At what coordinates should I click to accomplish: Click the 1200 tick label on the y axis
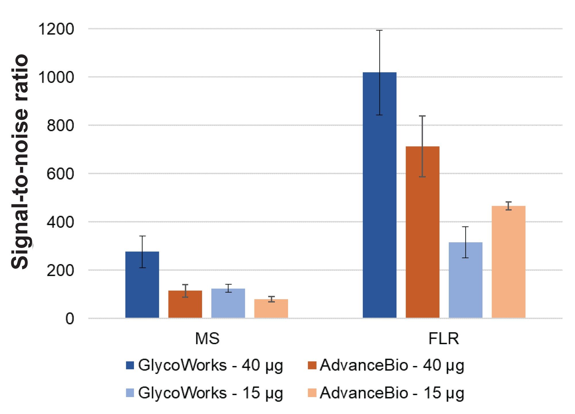[x=56, y=29]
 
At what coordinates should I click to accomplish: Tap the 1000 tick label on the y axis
[x=56, y=78]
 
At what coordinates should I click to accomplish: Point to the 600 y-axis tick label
[x=60, y=174]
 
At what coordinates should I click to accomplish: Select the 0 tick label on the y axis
[x=70, y=319]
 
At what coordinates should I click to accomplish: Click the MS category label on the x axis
[x=207, y=339]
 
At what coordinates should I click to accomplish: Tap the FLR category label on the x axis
[x=444, y=339]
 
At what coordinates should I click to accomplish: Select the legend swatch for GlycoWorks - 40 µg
[x=130, y=365]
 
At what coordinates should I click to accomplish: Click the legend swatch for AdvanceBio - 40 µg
[x=312, y=365]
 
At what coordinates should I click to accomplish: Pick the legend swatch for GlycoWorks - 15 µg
[x=130, y=393]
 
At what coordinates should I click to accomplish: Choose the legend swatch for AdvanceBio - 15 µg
[x=312, y=393]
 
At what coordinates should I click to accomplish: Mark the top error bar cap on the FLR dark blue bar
[x=379, y=30]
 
